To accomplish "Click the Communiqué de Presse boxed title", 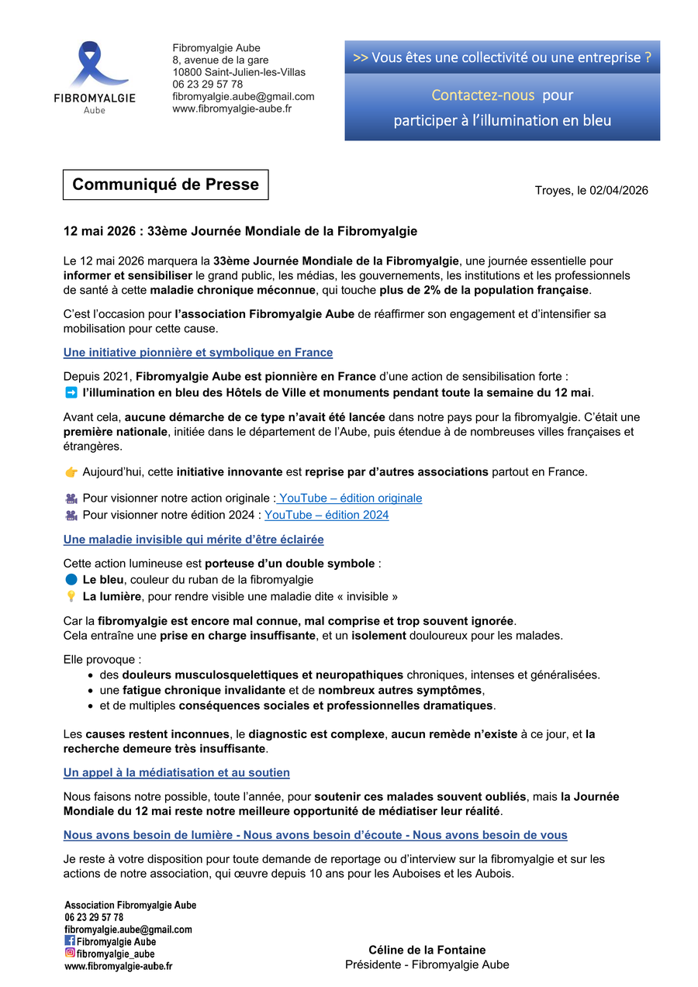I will (165, 185).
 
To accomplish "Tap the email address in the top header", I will (243, 96).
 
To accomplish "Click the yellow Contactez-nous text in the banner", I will (482, 95).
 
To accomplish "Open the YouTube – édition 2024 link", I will (327, 515).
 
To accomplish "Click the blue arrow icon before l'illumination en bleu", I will (71, 392).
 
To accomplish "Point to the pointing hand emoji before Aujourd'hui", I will (71, 471).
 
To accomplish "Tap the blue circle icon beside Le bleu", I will (71, 579).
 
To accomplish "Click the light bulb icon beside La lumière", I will (71, 596).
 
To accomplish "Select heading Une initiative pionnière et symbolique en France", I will (198, 353).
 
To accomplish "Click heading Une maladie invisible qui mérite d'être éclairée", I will (193, 539).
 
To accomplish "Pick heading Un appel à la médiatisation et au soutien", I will (176, 772).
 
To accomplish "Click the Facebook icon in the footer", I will (70, 941).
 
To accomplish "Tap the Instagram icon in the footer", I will (70, 954).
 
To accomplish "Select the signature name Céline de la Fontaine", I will (427, 950).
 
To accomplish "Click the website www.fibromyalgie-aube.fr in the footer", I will (118, 966).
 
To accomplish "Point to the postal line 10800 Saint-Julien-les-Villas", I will (239, 72).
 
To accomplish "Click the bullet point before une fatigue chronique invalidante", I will (92, 690).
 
